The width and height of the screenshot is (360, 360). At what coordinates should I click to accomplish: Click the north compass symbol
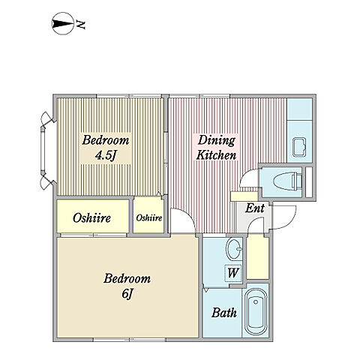coord(63,23)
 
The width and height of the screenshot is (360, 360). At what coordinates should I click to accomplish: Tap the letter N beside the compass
coord(81,24)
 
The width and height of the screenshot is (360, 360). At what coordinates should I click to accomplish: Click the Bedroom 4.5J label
coord(106,148)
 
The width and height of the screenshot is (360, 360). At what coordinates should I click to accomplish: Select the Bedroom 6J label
coord(127,286)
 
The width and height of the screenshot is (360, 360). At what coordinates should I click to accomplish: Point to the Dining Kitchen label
coord(216,148)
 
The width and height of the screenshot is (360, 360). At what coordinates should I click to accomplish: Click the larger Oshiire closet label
coord(91,217)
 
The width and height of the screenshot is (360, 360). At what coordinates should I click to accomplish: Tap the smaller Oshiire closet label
coord(149,217)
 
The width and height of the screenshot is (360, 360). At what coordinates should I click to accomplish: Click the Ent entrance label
coord(254,208)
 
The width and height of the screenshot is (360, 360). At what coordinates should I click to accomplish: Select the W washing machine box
coord(233,273)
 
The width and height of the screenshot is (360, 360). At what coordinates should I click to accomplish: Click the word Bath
coord(224,313)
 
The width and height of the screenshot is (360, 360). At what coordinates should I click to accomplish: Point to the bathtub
coord(256,312)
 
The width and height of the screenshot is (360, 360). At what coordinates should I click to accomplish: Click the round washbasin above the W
coord(234,248)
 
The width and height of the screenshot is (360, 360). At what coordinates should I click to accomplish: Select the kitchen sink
coord(300,147)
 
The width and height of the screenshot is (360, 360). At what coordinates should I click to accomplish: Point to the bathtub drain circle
coord(256,302)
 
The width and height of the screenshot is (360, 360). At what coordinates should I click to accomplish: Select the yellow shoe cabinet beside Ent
coord(258,258)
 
